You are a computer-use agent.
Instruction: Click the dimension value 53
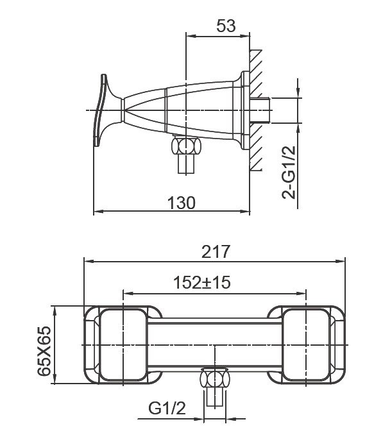click(x=226, y=26)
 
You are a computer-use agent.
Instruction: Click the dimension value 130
click(x=182, y=203)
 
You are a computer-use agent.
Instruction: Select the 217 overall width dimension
click(x=216, y=251)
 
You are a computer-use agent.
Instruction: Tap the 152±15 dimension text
click(x=202, y=282)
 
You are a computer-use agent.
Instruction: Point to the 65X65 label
click(x=44, y=351)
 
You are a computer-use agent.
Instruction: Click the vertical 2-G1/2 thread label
click(x=289, y=173)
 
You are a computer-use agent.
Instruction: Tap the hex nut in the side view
click(x=186, y=146)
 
